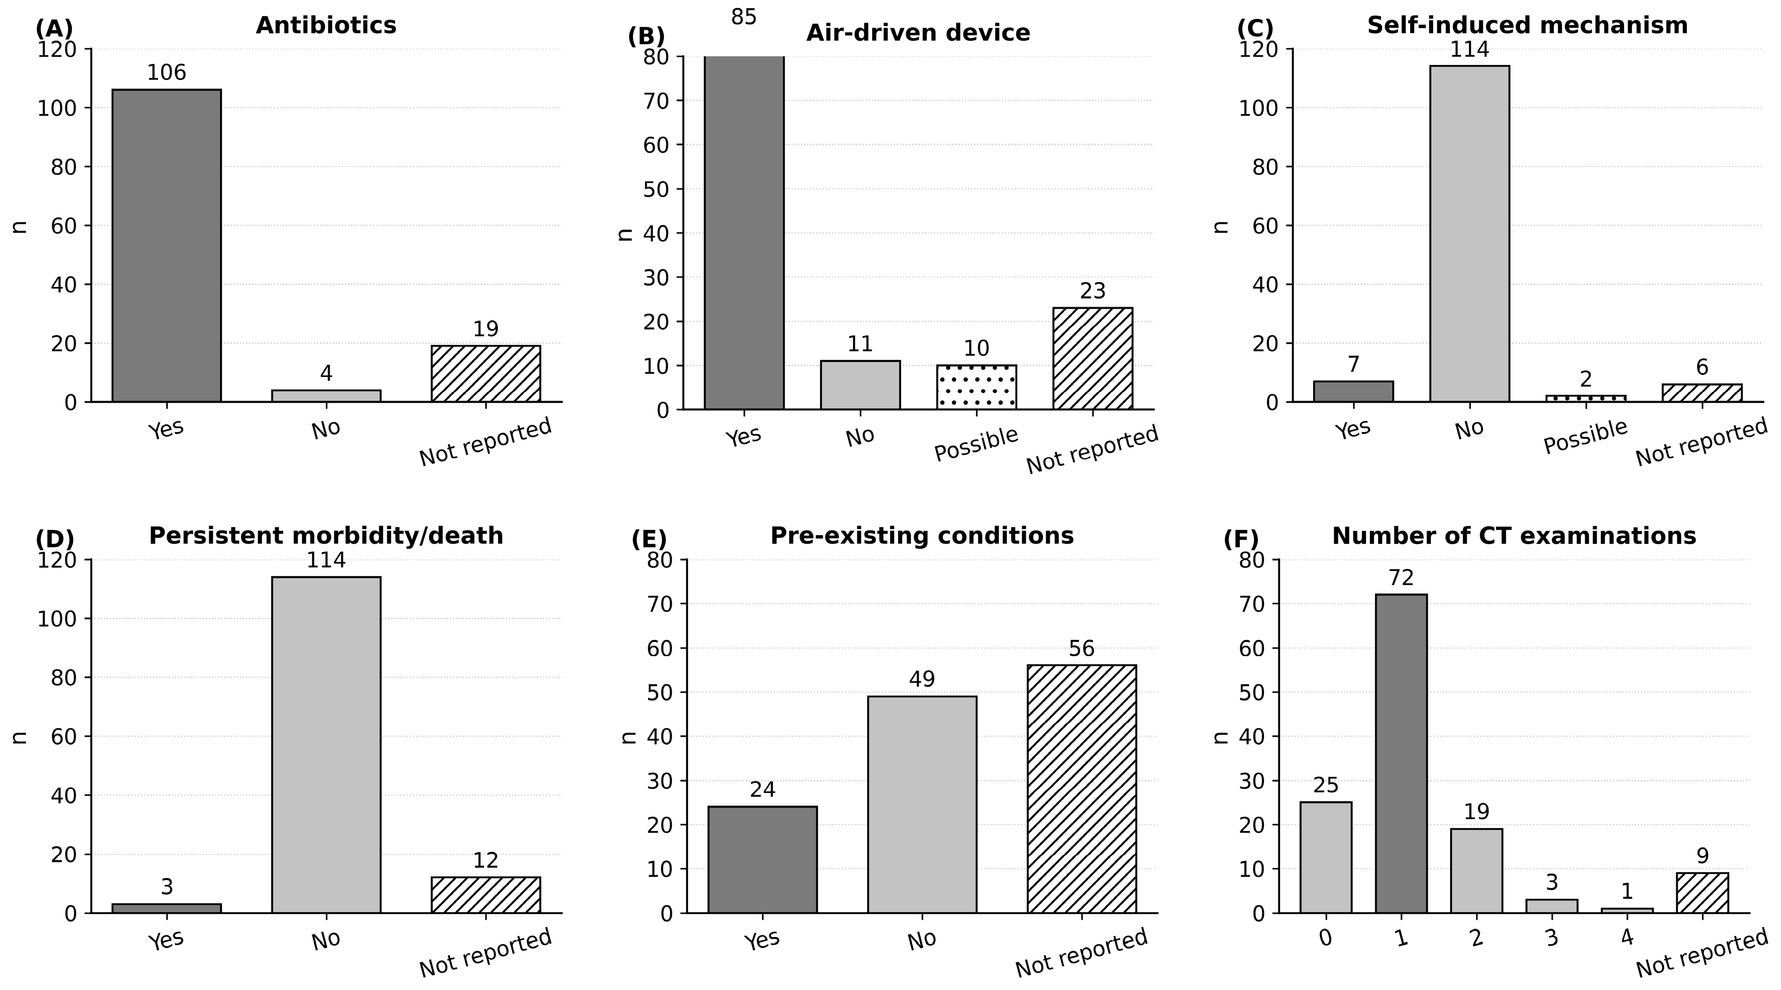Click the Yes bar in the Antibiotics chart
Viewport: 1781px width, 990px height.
167,246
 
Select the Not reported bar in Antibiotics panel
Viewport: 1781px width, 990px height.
486,374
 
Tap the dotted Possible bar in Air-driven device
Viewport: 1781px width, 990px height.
976,388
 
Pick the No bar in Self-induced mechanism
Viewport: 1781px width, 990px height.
1470,234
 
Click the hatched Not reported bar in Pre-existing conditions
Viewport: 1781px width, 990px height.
1081,789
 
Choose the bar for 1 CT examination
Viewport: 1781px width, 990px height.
1401,753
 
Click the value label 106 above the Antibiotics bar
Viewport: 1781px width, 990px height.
167,73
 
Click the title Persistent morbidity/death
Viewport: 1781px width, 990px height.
327,536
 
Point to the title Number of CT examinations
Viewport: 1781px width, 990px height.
1514,536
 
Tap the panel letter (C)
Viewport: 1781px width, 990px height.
1255,28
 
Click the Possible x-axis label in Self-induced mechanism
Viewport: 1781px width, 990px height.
1586,436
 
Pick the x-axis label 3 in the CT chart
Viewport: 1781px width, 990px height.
1552,938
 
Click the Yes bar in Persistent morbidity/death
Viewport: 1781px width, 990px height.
167,909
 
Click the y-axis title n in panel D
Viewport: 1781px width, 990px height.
20,737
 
